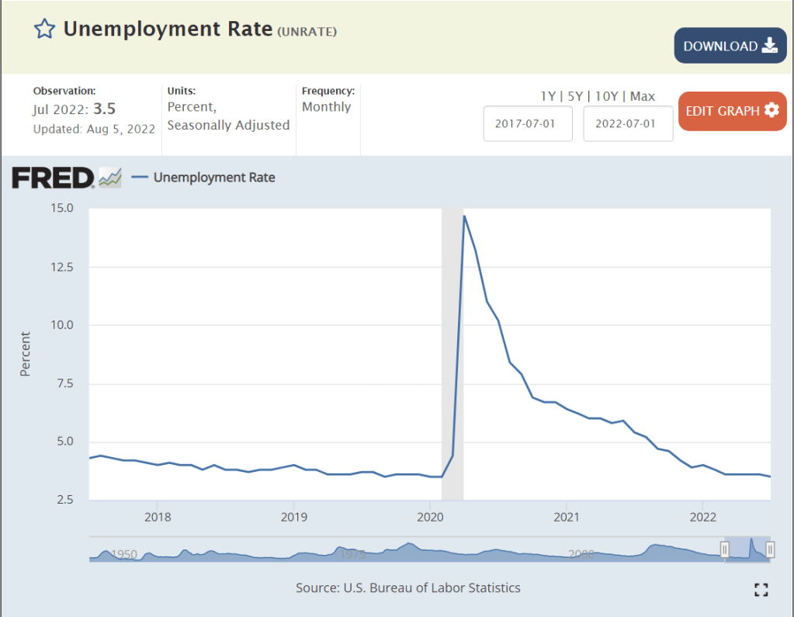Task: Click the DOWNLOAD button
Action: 730,46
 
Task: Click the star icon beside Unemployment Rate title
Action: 44,29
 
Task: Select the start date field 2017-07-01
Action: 528,123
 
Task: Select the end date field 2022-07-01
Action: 628,123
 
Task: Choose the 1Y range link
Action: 548,96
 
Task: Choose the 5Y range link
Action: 574,96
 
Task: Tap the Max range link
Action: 643,96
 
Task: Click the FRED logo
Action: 53,178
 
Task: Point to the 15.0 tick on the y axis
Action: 62,208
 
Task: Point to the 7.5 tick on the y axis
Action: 64,383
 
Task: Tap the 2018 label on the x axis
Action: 157,517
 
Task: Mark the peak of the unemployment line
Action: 464,216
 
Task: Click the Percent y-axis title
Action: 25,354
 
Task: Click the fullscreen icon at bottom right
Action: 761,590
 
